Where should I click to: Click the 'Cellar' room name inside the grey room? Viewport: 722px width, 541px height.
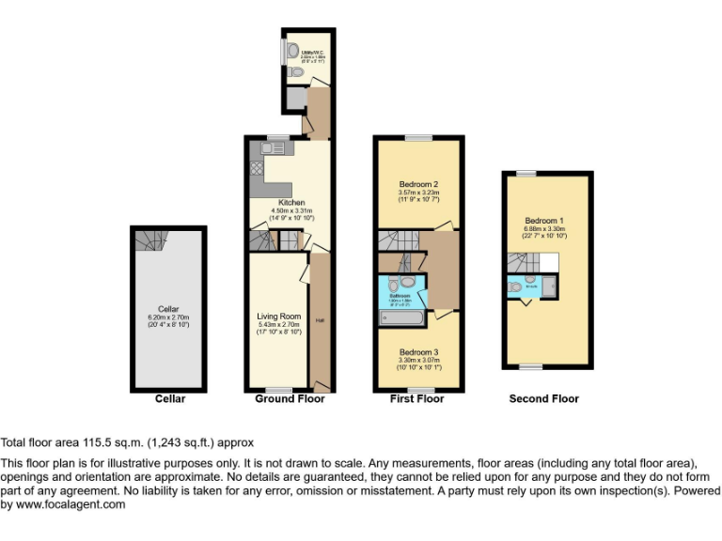pos(168,309)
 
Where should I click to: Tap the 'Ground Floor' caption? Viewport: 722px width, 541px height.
pos(290,399)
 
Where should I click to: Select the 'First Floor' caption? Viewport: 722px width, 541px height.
pos(416,399)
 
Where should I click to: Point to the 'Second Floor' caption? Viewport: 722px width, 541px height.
pos(544,399)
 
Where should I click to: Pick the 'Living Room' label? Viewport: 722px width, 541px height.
pos(278,316)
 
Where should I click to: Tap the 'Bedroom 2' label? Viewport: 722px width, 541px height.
pos(419,184)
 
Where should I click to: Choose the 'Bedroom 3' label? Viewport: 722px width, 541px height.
pos(418,352)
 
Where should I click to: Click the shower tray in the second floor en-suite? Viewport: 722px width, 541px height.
pos(548,287)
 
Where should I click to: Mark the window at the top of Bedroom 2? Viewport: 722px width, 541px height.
pos(419,138)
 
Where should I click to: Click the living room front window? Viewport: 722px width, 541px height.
pos(278,390)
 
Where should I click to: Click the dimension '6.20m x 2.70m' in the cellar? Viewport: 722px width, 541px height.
pos(168,318)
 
